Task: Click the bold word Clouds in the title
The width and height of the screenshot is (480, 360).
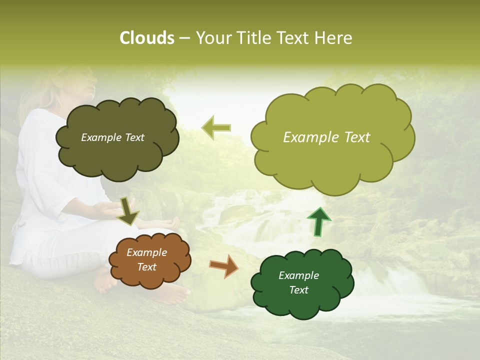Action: pyautogui.click(x=146, y=38)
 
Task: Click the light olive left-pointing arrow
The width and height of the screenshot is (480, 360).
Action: pyautogui.click(x=216, y=128)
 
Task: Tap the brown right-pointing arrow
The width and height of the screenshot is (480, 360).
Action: pyautogui.click(x=223, y=266)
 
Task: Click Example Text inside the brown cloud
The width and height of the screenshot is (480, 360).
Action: pyautogui.click(x=146, y=260)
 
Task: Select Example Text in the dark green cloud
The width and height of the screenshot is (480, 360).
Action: pyautogui.click(x=298, y=282)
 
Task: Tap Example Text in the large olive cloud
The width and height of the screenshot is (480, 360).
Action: pyautogui.click(x=326, y=137)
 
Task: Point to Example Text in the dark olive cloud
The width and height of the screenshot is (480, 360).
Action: pyautogui.click(x=112, y=137)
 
